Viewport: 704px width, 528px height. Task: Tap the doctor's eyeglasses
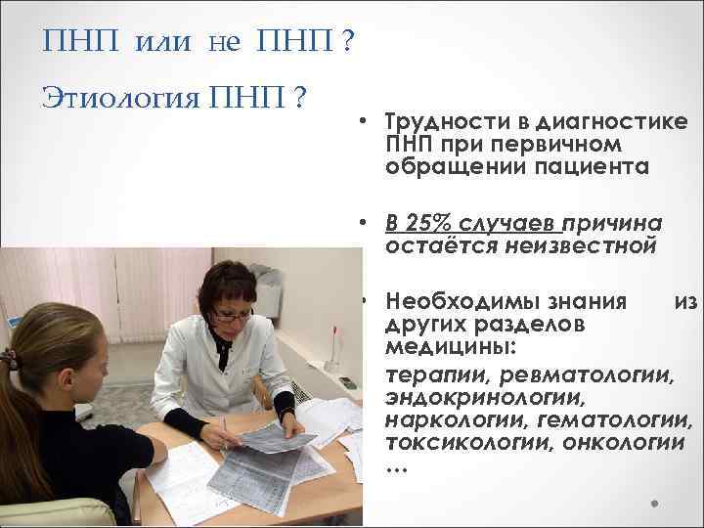coord(232,315)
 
